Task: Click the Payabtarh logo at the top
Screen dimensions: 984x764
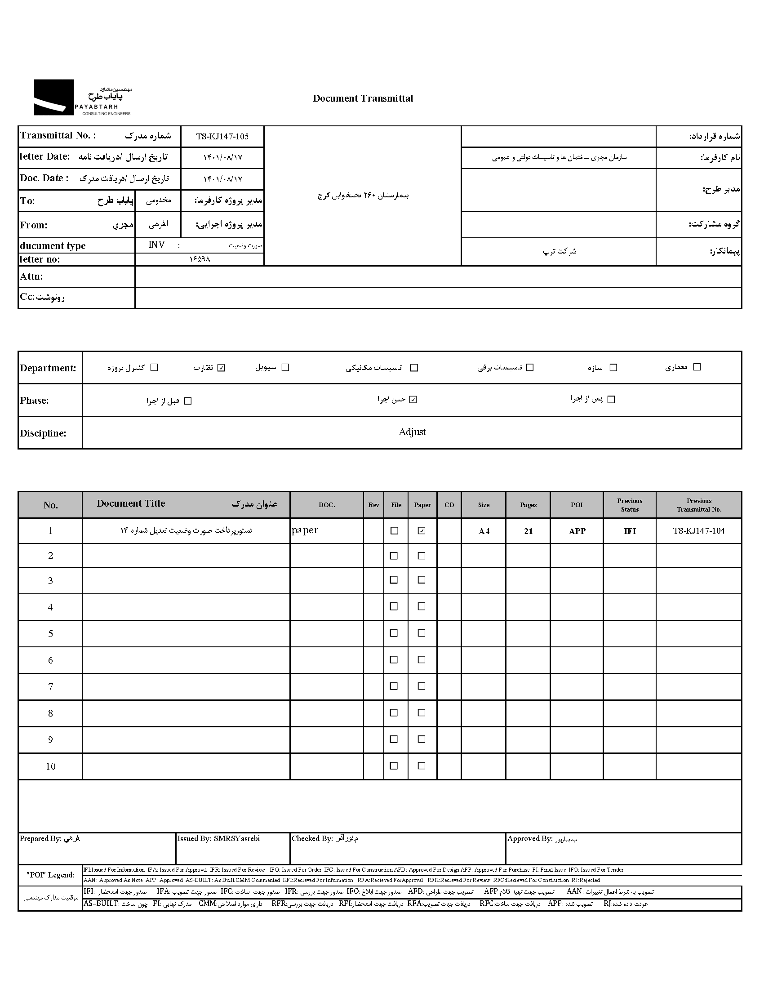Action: (83, 97)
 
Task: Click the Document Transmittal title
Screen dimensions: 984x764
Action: (363, 98)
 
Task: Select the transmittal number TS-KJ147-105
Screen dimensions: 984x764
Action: (222, 137)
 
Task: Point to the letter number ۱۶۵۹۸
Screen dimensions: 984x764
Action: (200, 259)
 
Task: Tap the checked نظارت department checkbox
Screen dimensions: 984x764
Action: (221, 368)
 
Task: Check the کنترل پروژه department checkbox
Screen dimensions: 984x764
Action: (154, 367)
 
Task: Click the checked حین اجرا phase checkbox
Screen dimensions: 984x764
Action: (413, 400)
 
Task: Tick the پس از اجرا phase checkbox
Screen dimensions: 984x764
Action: (611, 400)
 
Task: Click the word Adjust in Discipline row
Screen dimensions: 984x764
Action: (412, 432)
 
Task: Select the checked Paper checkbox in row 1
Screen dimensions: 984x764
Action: (421, 531)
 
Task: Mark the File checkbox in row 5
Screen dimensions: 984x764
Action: (394, 633)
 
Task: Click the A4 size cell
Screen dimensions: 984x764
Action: (484, 531)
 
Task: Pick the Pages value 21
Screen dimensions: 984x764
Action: (529, 531)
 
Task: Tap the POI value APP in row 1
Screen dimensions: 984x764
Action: (577, 531)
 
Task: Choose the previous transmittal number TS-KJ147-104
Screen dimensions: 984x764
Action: (699, 531)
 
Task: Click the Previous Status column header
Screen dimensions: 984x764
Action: (630, 505)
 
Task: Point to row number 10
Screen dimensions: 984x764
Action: (50, 766)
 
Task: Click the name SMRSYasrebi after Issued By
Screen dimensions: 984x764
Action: (236, 838)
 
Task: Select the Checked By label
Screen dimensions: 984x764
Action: (312, 838)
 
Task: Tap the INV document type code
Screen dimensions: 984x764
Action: (156, 245)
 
